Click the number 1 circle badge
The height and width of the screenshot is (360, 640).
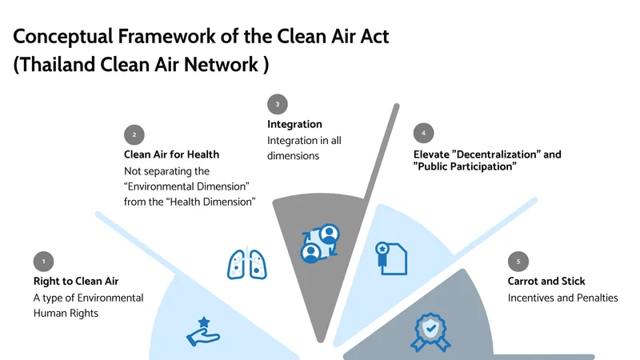point(44,261)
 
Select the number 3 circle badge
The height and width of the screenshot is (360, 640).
point(278,104)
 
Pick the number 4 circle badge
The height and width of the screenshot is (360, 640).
point(423,133)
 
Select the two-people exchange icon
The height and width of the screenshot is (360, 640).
point(319,243)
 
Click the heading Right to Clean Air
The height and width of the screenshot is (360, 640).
point(76,282)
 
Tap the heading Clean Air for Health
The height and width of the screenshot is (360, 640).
point(171,154)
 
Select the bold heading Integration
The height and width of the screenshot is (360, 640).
point(294,125)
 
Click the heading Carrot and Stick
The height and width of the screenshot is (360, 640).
point(546,282)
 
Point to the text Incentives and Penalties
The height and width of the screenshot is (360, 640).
point(563,298)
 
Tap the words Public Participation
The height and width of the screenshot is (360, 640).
point(465,167)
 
